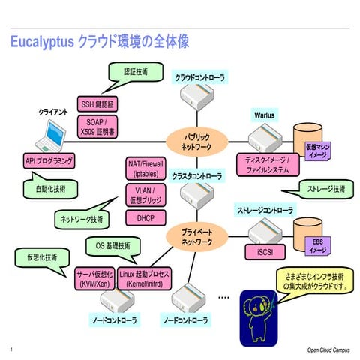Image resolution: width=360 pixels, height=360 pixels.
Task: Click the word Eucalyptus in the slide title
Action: click(42, 43)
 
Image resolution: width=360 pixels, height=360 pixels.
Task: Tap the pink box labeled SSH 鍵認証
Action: click(95, 103)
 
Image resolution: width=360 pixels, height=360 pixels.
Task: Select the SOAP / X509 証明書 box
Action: click(95, 127)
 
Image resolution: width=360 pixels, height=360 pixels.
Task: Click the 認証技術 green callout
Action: click(136, 71)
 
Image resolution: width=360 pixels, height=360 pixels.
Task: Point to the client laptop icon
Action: click(53, 136)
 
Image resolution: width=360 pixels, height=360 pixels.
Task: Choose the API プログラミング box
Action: click(49, 161)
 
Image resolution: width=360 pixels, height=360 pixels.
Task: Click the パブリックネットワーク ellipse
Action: click(196, 142)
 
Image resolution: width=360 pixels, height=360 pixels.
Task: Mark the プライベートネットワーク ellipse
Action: click(196, 238)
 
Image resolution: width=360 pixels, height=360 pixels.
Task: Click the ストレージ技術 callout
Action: click(321, 189)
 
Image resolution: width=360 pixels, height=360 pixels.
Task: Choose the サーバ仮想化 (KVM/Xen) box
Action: click(95, 279)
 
